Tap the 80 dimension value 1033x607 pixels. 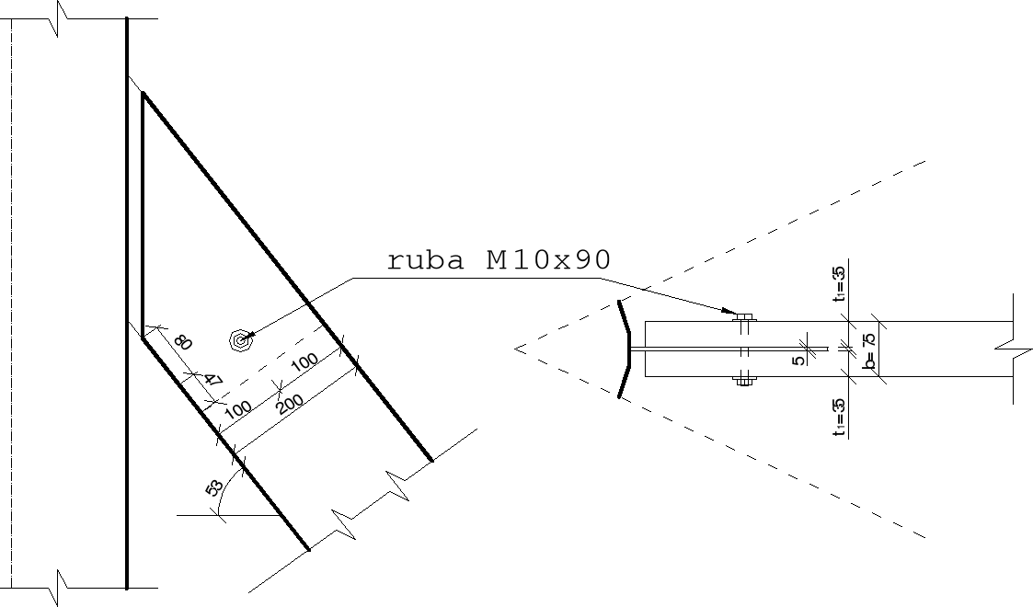[183, 342]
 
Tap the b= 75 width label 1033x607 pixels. [868, 349]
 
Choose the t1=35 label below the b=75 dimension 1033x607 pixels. [839, 416]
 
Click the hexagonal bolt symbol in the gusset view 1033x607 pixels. [241, 341]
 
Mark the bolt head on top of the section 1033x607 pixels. [744, 317]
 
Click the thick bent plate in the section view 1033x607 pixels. [626, 349]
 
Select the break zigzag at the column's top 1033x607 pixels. [61, 18]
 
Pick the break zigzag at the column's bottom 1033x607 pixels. [61, 586]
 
